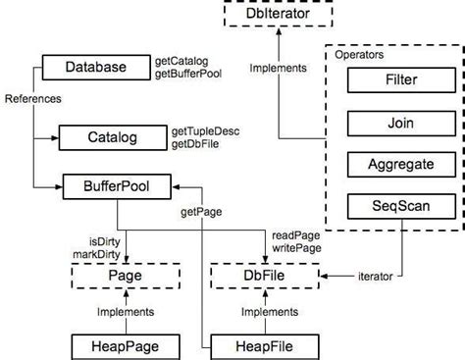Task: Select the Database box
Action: pos(95,67)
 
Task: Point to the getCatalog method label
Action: pos(182,61)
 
